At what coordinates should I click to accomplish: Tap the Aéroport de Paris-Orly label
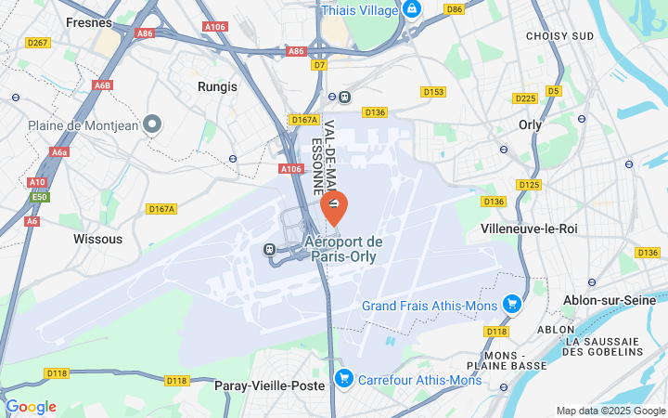pos(343,249)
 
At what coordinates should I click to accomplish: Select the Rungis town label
pos(217,86)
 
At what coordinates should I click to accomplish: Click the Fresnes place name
pos(89,21)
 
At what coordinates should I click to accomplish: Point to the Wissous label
pos(97,239)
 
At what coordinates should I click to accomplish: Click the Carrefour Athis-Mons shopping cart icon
pos(344,378)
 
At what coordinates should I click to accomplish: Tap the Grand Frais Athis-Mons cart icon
pos(511,304)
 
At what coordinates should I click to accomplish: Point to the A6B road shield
pos(102,85)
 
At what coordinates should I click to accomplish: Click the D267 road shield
pos(38,43)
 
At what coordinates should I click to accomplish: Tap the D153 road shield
pos(433,92)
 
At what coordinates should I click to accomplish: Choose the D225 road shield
pos(525,98)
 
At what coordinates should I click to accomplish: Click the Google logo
pos(31,407)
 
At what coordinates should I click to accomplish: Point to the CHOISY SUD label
pos(559,35)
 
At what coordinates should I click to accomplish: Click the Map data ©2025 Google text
pos(610,411)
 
